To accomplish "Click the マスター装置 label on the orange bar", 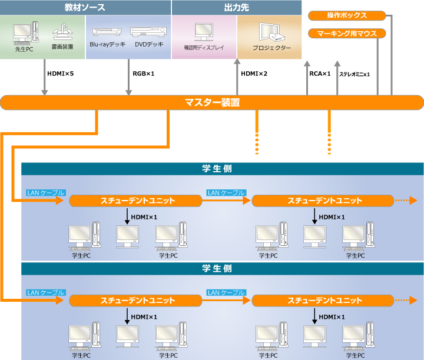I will pos(212,102).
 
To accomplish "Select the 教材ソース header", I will pos(85,8).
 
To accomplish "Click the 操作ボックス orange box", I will pos(346,15).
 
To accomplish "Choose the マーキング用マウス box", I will pos(346,33).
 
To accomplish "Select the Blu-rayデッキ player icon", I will pos(106,31).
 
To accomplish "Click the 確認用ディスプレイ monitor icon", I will pos(204,31).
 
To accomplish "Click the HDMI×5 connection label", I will pos(60,74).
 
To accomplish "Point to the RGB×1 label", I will pos(144,74).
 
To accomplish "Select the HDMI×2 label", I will pos(254,74).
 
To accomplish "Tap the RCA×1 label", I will pos(320,74).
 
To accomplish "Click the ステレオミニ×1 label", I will pos(355,74).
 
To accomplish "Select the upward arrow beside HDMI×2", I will pos(237,76).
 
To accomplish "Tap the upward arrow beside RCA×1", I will pos(307,76).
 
